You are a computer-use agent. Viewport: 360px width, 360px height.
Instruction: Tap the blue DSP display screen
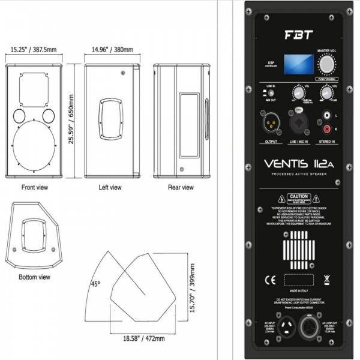pos(293,65)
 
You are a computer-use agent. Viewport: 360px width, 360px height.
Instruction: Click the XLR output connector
pos(270,125)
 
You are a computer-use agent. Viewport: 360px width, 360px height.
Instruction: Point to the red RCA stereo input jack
pos(327,128)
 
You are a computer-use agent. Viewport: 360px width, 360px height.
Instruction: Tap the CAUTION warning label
pos(298,196)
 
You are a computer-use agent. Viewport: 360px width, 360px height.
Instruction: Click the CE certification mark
pos(268,279)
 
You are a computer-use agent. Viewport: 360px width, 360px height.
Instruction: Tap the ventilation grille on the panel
pos(298,247)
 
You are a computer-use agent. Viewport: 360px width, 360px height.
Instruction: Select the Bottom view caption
pos(35,277)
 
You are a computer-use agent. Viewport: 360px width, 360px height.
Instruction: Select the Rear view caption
pos(180,188)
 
